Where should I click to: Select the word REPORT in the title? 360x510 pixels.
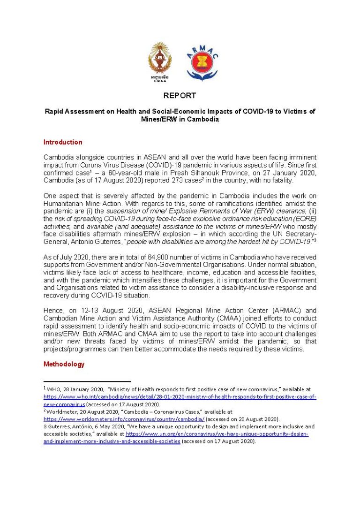click(180, 96)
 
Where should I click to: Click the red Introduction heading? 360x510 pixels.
click(63, 142)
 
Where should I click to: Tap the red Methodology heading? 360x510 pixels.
click(64, 364)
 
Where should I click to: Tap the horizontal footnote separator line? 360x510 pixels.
click(87, 382)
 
